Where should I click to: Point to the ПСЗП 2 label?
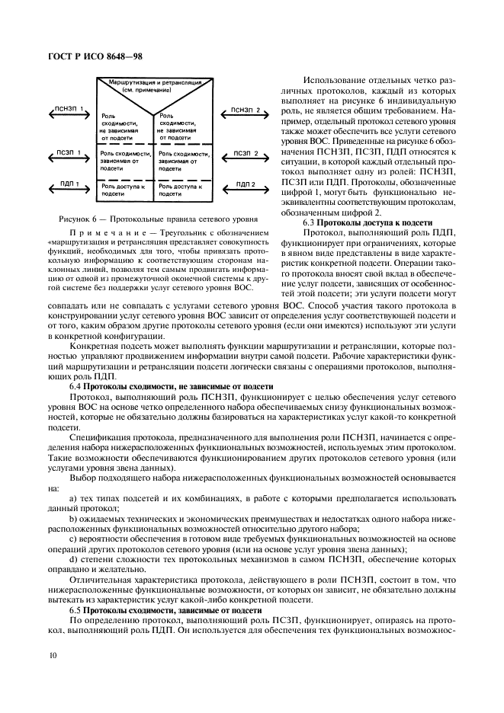click(245, 152)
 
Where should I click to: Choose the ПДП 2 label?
click(245, 184)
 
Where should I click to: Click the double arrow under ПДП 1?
click(69, 191)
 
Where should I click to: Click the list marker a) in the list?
click(72, 497)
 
